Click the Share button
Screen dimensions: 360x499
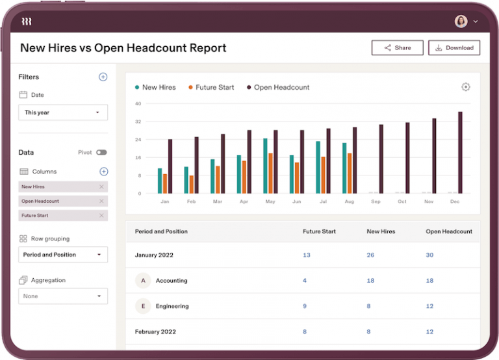point(397,47)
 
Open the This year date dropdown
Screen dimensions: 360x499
point(63,112)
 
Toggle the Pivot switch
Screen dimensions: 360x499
point(101,152)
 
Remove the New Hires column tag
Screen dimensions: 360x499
point(101,186)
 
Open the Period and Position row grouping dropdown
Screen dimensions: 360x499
point(63,255)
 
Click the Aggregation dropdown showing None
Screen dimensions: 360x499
point(63,296)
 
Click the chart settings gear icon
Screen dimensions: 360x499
point(465,87)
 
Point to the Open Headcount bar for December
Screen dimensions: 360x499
point(460,153)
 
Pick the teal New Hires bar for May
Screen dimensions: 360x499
point(265,166)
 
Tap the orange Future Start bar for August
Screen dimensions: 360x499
point(350,173)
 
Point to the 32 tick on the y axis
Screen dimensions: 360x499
point(138,122)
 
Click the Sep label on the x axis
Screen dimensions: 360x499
point(376,201)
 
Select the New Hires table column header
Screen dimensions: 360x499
point(381,231)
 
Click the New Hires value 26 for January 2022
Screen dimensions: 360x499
point(370,255)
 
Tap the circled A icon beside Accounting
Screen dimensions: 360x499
point(142,281)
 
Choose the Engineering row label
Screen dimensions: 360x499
point(172,306)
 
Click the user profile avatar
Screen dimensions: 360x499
point(461,21)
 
